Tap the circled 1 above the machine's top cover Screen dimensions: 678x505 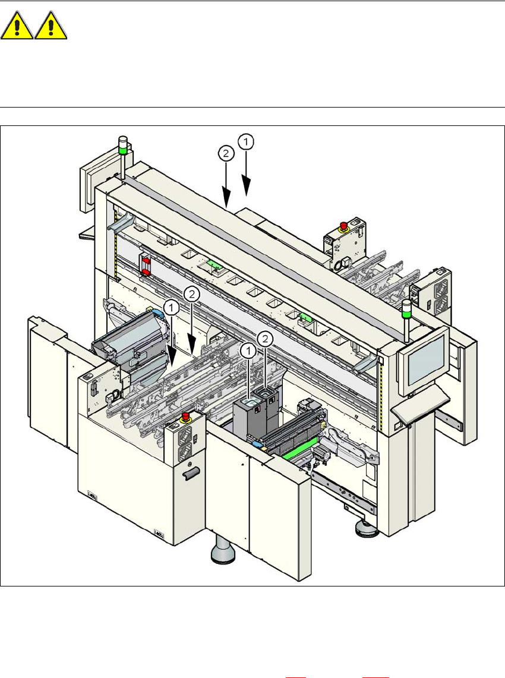[247, 141]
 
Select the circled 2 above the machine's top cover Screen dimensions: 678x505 [225, 154]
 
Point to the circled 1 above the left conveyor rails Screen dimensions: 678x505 [172, 308]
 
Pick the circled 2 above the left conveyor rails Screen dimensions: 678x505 [191, 294]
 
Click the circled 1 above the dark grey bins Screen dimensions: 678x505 [249, 351]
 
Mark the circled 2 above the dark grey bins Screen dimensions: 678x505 [266, 339]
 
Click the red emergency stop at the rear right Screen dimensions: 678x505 [343, 226]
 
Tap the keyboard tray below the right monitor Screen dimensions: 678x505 [422, 403]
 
